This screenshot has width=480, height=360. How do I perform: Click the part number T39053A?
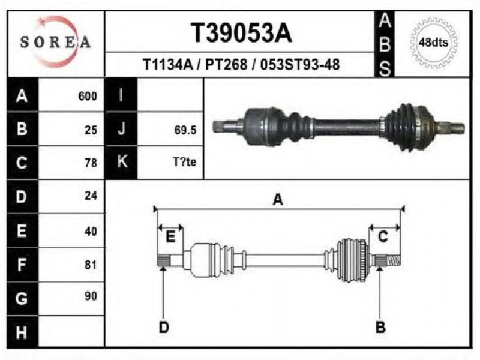tap(241, 33)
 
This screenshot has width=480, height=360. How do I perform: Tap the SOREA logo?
tap(55, 41)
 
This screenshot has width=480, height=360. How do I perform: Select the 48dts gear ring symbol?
tap(433, 42)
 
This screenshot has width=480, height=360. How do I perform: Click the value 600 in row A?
tap(88, 96)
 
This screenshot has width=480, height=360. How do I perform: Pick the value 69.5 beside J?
tap(185, 130)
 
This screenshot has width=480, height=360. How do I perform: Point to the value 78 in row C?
tap(91, 163)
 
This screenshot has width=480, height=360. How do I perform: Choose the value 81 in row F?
tap(91, 265)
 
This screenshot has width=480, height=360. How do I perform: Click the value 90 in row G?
tap(91, 296)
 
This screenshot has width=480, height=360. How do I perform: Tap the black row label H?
tap(22, 332)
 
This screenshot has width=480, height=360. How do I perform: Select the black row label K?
tap(121, 162)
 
